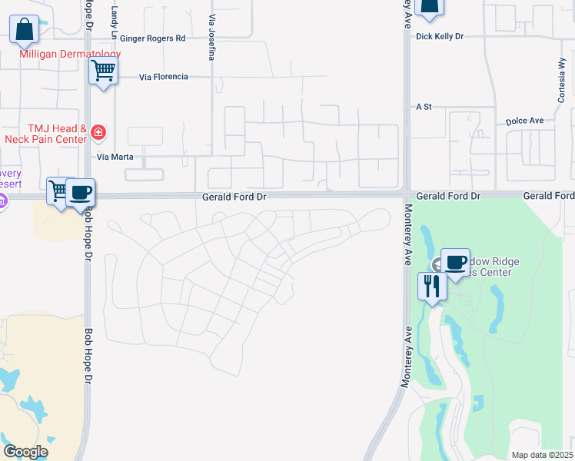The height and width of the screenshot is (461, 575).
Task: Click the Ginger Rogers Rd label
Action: pos(152,38)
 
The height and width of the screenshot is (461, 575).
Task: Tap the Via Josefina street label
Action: pos(211,37)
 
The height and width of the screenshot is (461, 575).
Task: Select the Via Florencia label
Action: pos(164,77)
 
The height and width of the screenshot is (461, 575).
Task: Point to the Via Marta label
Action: pos(115,157)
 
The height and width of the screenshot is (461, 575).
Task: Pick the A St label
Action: pos(421,107)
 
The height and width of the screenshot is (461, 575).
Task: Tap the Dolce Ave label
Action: pos(524,121)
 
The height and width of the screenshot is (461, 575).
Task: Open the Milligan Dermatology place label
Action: pos(71,55)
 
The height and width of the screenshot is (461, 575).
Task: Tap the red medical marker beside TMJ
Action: pos(98,133)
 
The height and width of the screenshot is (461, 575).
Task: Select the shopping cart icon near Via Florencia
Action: pos(103,71)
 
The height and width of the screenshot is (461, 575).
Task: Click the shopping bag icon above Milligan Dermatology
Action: pos(25,30)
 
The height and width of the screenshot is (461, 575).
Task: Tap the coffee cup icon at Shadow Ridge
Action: pos(455,262)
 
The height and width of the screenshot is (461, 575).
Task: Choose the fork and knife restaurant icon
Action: pos(432,287)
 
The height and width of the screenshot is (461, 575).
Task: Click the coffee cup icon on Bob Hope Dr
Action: pos(80,192)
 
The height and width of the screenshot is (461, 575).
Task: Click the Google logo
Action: pos(26,452)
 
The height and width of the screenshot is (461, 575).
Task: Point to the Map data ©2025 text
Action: pos(542,455)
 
